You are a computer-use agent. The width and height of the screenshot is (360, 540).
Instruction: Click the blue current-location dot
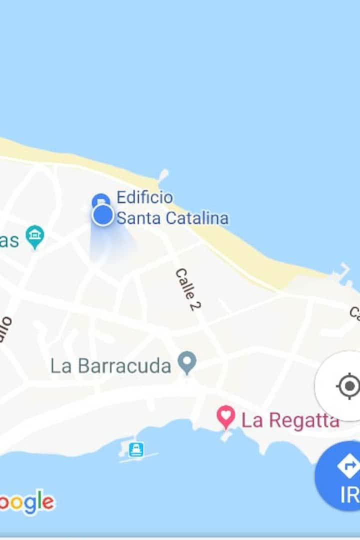[x=103, y=215]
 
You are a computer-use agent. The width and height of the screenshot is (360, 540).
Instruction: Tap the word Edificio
[x=144, y=197]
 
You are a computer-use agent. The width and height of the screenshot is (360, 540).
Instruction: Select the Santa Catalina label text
[x=172, y=218]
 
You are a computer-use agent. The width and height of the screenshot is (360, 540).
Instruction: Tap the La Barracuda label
[x=110, y=366]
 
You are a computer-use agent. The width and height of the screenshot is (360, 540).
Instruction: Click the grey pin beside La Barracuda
[x=188, y=362]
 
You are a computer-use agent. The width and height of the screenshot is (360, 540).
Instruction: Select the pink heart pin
[x=226, y=416]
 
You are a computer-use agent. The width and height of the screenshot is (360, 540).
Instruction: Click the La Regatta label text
[x=290, y=420]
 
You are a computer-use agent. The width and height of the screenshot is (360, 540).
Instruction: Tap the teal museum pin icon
[x=35, y=236]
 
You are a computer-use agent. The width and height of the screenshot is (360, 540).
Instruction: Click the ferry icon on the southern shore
[x=136, y=449]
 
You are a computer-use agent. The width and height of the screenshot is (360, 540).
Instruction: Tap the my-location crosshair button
[x=348, y=386]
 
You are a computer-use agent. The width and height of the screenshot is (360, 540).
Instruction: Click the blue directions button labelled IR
[x=345, y=477]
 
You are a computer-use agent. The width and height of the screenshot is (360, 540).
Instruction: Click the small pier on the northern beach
[x=162, y=175]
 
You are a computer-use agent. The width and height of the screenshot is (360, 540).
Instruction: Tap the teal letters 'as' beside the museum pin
[x=9, y=240]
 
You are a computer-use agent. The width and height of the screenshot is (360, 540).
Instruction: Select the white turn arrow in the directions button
[x=348, y=466]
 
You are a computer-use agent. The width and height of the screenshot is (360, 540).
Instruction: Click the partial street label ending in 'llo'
[x=5, y=329]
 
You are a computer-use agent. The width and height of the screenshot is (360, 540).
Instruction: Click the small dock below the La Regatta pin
[x=226, y=436]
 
